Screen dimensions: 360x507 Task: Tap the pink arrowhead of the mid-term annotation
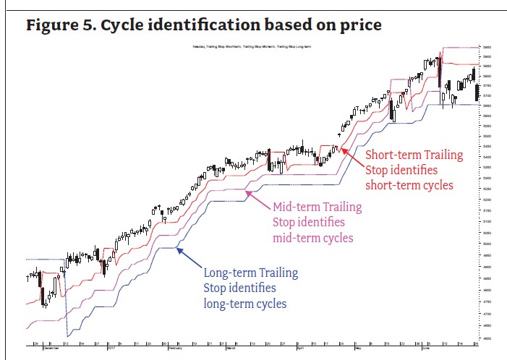pyautogui.click(x=247, y=192)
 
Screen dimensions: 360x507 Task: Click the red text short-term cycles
pyautogui.click(x=409, y=186)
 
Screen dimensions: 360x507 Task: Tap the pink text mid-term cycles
pyautogui.click(x=312, y=238)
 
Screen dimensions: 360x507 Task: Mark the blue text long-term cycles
pyautogui.click(x=244, y=304)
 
